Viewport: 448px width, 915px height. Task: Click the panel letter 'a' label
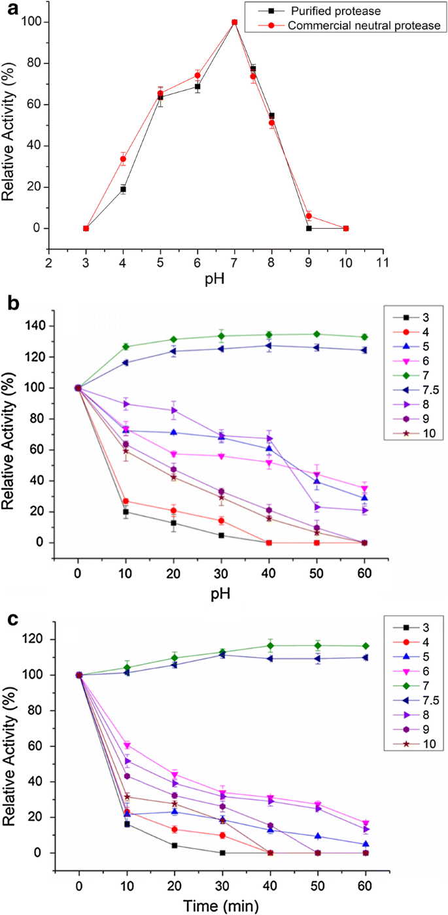click(8, 10)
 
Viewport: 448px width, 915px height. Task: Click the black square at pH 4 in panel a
click(122, 189)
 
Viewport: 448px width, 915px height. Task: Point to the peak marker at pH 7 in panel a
click(234, 22)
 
